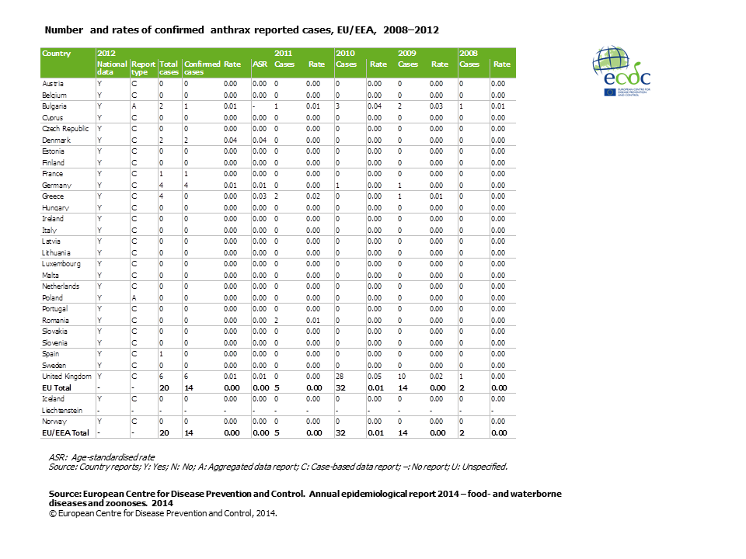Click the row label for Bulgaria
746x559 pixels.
pos(54,106)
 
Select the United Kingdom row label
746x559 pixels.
pos(66,376)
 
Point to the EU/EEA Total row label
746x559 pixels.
pos(66,432)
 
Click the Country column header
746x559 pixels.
pos(57,54)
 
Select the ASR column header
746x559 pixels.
pos(260,64)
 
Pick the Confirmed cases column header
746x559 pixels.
pos(202,68)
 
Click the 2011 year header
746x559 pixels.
pos(284,54)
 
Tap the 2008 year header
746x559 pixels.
pos(468,54)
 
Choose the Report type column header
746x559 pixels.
pos(143,68)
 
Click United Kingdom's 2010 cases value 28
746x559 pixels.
pos(340,376)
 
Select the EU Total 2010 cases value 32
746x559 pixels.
pos(341,387)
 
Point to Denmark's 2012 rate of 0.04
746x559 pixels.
pos(230,140)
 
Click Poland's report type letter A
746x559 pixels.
pos(133,297)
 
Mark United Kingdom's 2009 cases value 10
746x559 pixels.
pos(403,376)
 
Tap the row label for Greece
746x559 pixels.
pos(53,196)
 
